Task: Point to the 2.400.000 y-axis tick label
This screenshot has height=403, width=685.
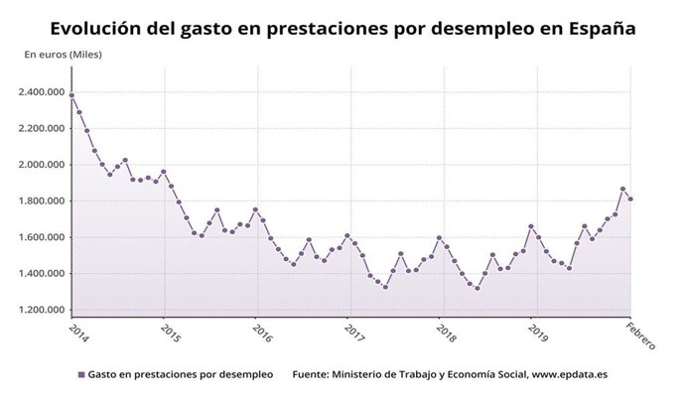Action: [42, 92]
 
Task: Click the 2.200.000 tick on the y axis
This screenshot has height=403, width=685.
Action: [42, 129]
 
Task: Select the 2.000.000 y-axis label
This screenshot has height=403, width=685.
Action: [42, 165]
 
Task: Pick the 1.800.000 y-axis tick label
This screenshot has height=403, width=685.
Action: [42, 201]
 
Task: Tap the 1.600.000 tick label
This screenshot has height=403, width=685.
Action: [42, 238]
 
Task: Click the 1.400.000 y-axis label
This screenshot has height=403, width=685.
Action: [42, 274]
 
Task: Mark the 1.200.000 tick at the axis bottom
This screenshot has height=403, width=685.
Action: [42, 311]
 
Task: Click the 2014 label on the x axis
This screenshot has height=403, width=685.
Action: [78, 331]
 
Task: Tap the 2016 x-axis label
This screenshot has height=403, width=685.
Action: [261, 331]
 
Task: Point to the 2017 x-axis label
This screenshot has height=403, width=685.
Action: [353, 331]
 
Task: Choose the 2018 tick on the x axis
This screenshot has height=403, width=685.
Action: [446, 331]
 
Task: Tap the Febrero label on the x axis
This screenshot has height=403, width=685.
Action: [639, 335]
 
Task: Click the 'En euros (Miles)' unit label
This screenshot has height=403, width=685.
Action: [63, 54]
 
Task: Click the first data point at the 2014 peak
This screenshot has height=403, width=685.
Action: [71, 95]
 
